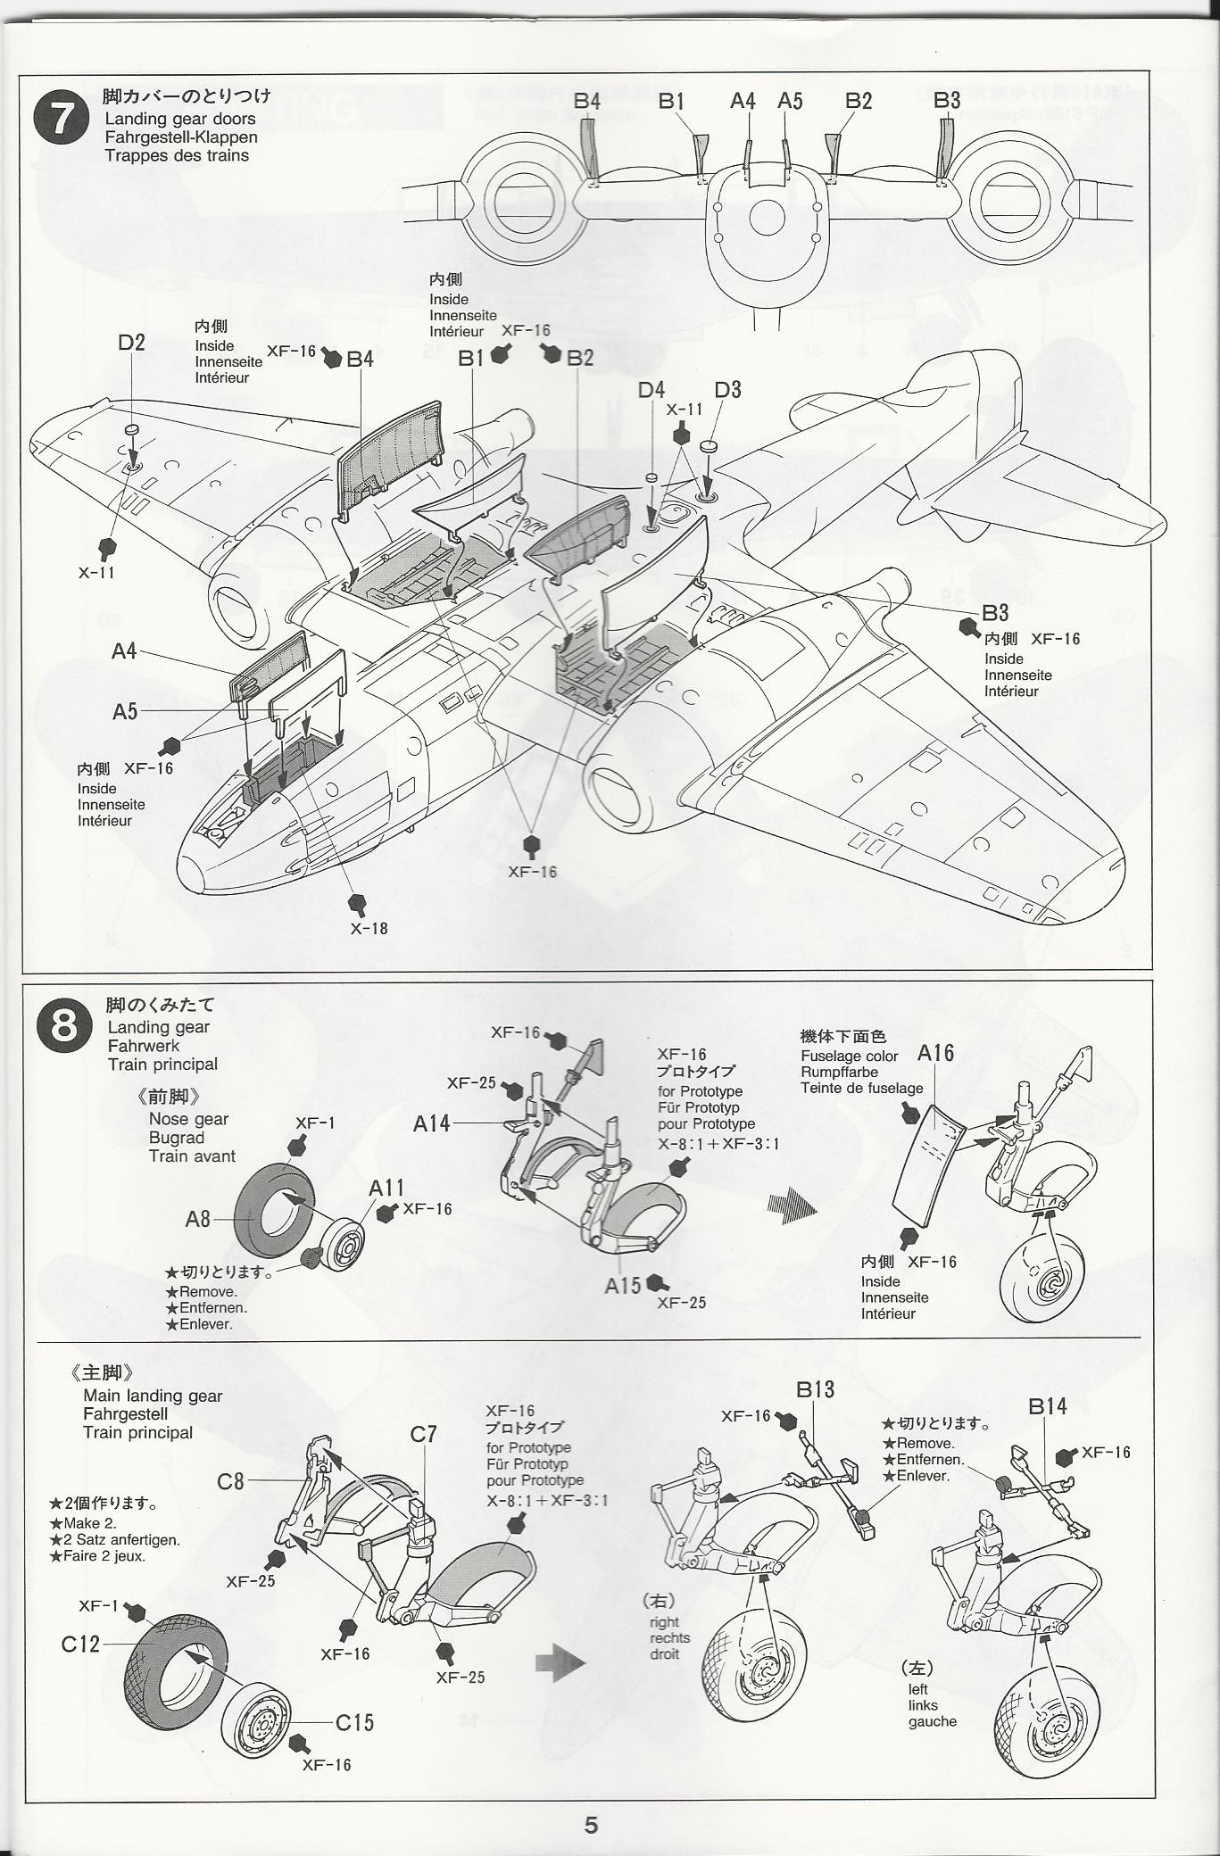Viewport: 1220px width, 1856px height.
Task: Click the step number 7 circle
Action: [61, 119]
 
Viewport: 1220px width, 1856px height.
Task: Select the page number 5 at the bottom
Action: [591, 1825]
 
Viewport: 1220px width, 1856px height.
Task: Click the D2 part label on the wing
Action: [131, 343]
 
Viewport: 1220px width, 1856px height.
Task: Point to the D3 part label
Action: [727, 390]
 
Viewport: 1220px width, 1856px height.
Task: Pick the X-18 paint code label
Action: [369, 928]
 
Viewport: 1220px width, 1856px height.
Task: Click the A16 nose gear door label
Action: [935, 1054]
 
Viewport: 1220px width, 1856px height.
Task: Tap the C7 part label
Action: [423, 1434]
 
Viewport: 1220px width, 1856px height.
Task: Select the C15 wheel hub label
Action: [354, 1722]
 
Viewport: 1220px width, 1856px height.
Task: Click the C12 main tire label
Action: [80, 1644]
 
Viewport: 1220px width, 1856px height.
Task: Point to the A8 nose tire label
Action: [197, 1219]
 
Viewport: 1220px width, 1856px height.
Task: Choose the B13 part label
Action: [815, 1389]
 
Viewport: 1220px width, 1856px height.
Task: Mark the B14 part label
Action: [1047, 1407]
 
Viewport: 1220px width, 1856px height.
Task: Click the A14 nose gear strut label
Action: [431, 1123]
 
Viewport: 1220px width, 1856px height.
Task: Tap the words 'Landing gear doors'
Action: [179, 119]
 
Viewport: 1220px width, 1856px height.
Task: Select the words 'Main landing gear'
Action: [153, 1396]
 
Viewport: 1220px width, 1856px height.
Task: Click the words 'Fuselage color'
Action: [849, 1056]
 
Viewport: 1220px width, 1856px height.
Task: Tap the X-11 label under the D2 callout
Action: [96, 573]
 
